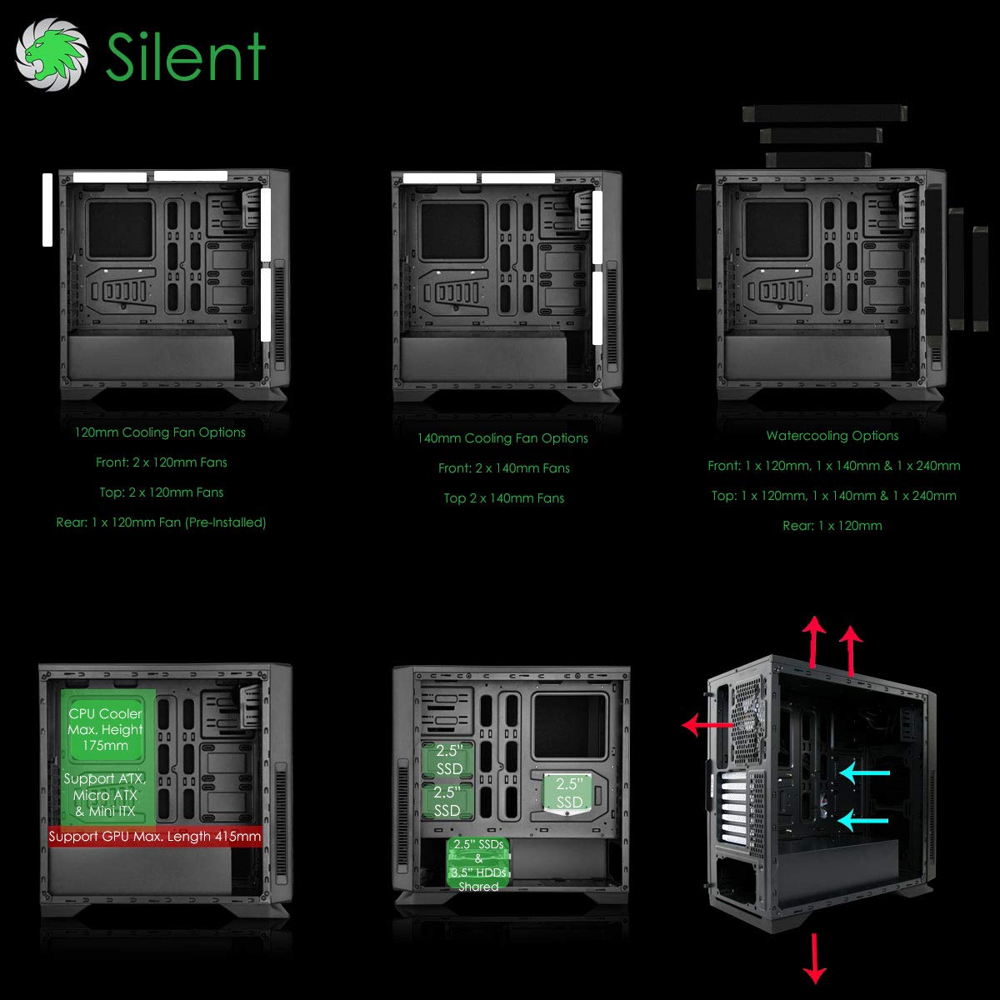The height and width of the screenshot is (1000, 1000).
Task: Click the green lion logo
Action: (x=52, y=54)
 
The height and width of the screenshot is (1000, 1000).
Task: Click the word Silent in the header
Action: (x=186, y=56)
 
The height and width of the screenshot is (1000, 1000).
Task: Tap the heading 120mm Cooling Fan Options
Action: (x=160, y=432)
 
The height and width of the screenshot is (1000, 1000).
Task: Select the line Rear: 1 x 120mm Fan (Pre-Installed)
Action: (x=161, y=522)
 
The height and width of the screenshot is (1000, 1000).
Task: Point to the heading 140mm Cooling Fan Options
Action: (x=502, y=438)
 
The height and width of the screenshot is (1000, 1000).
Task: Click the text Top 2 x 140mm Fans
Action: (x=503, y=498)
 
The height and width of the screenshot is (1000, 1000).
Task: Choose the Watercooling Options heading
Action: (x=832, y=435)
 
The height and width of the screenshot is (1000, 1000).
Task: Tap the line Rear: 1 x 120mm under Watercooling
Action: (x=832, y=526)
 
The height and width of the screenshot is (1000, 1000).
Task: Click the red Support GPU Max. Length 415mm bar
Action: (x=155, y=836)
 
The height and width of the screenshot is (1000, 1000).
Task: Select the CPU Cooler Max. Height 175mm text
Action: (x=105, y=729)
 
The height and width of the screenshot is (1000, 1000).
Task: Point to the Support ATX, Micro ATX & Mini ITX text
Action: (x=105, y=794)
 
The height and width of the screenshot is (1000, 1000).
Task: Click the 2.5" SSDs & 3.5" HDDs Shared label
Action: (x=478, y=865)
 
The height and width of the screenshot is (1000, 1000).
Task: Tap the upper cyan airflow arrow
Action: (x=864, y=773)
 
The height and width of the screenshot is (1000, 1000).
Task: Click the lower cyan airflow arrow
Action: (x=863, y=821)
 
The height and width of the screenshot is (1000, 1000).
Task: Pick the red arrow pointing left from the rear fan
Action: (x=707, y=724)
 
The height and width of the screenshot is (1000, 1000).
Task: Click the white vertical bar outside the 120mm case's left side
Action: (x=47, y=210)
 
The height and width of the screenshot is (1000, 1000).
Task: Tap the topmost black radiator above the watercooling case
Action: (x=825, y=113)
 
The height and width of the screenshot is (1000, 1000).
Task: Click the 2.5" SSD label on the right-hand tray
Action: (x=569, y=792)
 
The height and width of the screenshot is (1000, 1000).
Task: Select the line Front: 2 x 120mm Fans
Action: (x=162, y=462)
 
